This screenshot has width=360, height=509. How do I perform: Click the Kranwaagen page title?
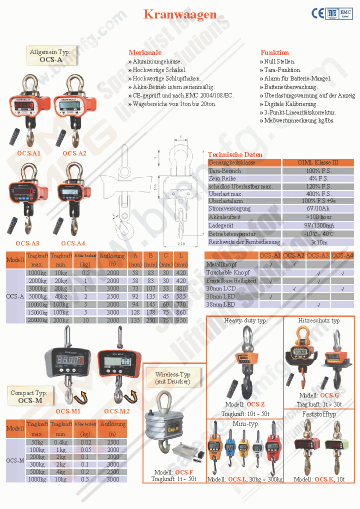coord(180,14)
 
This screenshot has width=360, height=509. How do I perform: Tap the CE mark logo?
coord(318,13)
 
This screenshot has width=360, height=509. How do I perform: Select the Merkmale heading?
coord(145,52)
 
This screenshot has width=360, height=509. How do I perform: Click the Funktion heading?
coord(274,52)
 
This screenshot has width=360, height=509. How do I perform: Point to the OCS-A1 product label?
coord(28,153)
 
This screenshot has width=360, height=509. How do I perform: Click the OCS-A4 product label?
coord(73,243)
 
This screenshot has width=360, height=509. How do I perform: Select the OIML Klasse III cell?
coord(318,162)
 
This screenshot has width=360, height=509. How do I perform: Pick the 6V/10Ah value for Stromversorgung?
coord(318,208)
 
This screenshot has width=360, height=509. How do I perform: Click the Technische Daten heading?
coord(235,154)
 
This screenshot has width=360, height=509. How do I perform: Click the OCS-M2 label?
coord(116,411)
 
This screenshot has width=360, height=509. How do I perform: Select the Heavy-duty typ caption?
coord(245,320)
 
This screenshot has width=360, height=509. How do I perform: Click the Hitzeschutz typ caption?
coord(319,320)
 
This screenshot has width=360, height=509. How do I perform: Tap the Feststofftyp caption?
coord(319,414)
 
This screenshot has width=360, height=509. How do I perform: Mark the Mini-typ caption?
coord(245,423)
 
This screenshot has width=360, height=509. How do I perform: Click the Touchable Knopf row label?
coord(227,272)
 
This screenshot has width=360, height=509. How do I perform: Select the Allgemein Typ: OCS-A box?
coord(49,55)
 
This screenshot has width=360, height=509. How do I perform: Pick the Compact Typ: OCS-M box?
coord(28,396)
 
